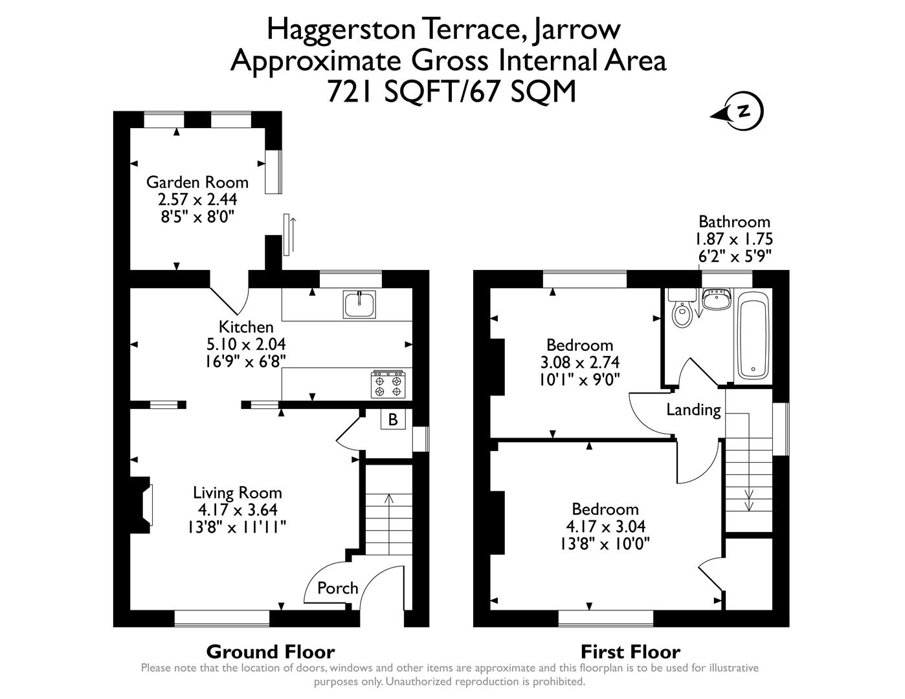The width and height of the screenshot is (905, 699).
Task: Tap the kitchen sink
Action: (359, 305)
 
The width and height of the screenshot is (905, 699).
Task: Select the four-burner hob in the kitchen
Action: (387, 384)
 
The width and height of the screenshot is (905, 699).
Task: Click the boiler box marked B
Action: (392, 419)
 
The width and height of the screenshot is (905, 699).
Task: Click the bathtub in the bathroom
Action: (753, 335)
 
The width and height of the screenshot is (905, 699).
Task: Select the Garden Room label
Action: (197, 182)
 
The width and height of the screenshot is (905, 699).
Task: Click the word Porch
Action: (337, 588)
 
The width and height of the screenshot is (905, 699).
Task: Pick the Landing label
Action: (693, 410)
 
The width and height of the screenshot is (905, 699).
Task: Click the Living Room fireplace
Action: (143, 505)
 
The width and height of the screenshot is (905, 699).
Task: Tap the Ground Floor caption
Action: (270, 651)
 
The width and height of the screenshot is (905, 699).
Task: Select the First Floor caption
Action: (630, 651)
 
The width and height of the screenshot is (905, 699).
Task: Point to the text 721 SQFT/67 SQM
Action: (451, 91)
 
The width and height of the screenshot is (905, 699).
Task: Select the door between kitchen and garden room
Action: (230, 299)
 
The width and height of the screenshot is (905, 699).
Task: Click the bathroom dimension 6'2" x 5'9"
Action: (734, 256)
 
